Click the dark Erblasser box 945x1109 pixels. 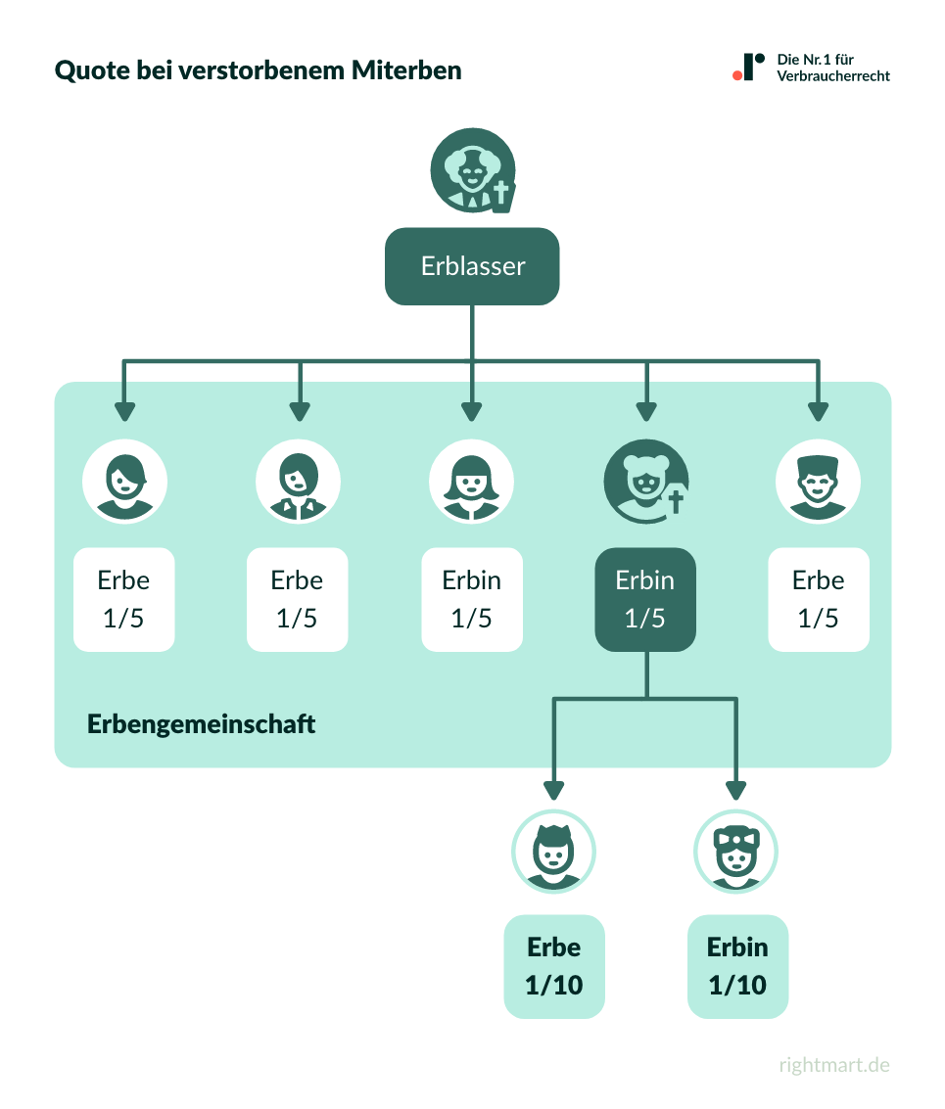click(x=472, y=266)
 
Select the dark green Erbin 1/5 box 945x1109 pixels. click(x=645, y=599)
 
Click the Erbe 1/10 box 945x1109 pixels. click(x=554, y=966)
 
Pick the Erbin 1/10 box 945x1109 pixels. click(x=737, y=966)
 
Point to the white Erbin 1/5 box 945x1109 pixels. click(x=472, y=599)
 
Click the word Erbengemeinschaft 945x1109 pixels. click(x=202, y=724)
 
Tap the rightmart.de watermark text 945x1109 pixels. click(x=834, y=1065)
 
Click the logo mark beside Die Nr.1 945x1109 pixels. click(x=749, y=67)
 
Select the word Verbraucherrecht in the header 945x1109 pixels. click(x=833, y=75)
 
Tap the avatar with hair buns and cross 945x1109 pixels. click(x=645, y=480)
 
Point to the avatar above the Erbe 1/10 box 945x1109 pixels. click(x=554, y=852)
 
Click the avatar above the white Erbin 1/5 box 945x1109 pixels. click(x=472, y=480)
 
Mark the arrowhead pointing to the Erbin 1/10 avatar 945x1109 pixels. click(x=736, y=790)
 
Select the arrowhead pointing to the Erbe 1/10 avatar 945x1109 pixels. click(x=554, y=790)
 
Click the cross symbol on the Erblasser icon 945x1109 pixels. click(x=501, y=193)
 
